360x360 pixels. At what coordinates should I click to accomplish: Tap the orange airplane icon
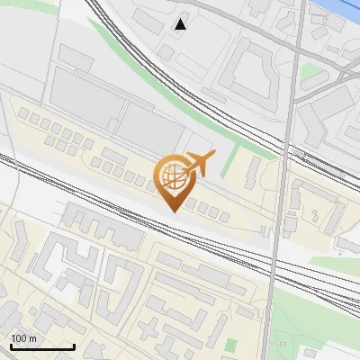click(x=199, y=164)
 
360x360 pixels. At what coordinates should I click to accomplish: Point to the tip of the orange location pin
click(x=172, y=211)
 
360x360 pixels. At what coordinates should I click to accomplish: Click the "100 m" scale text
click(x=23, y=337)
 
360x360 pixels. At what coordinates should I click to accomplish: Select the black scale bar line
click(x=42, y=346)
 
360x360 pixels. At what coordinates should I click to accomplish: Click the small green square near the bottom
click(x=230, y=345)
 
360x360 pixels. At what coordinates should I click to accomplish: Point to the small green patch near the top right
click(x=310, y=72)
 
